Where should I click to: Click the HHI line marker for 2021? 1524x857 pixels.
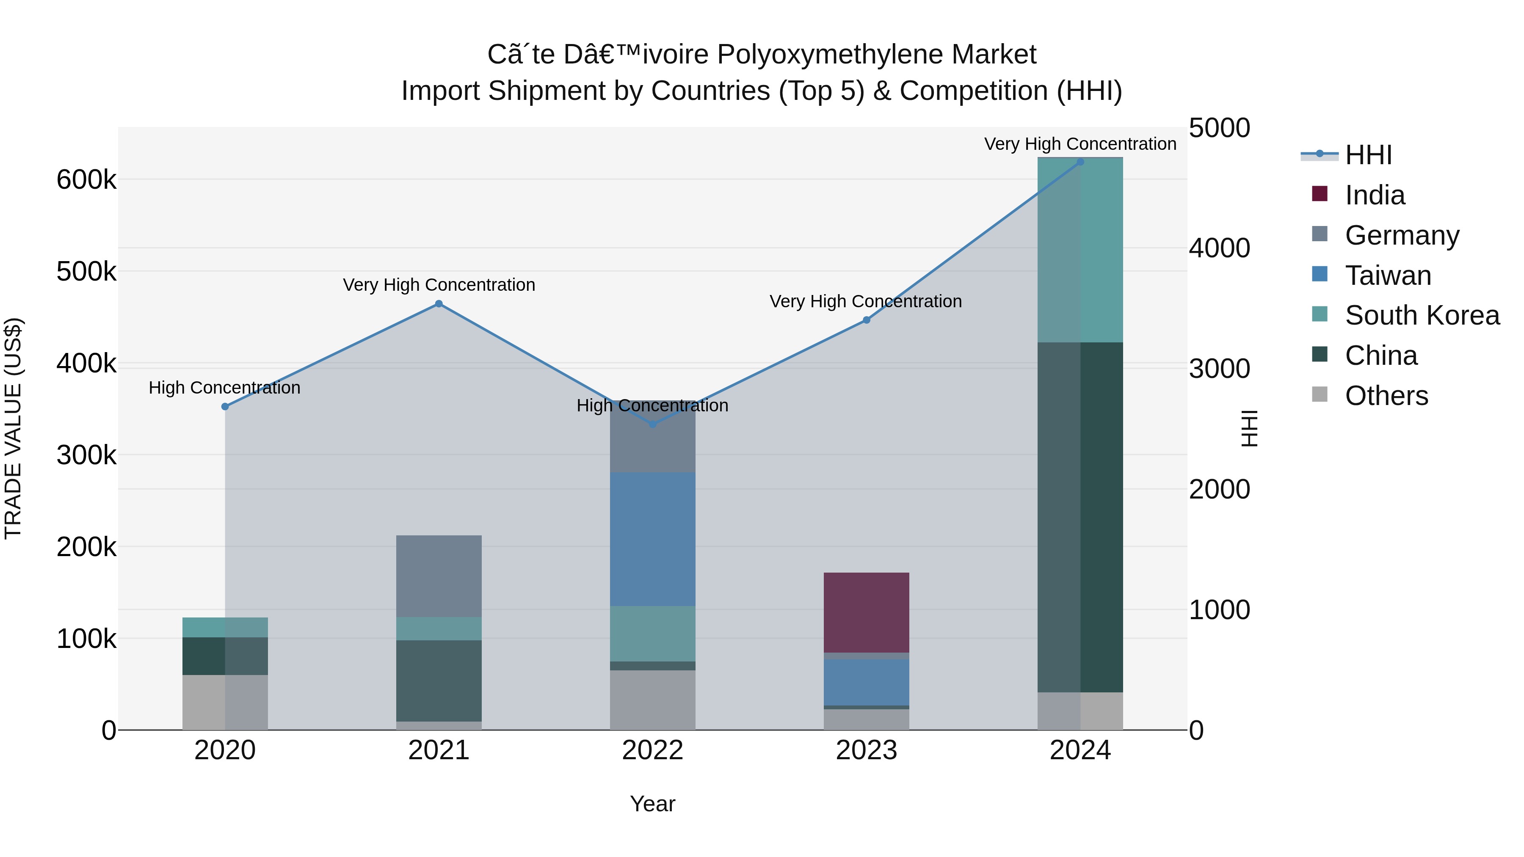pos(439,304)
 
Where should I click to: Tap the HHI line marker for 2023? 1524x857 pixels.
pos(866,320)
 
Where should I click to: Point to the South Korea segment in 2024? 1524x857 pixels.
pos(1080,250)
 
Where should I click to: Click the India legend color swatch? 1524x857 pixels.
pos(1319,194)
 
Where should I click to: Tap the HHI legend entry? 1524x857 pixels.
pos(1368,155)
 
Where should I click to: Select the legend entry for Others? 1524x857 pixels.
pos(1386,396)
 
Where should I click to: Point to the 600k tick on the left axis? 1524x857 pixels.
pos(86,180)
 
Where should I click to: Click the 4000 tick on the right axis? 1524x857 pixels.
pos(1219,248)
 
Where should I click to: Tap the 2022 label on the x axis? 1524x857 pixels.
pos(652,750)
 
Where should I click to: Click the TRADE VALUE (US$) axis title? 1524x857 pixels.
pos(14,428)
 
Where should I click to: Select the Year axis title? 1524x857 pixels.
pos(652,804)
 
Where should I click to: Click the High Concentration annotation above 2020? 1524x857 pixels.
pos(224,388)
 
